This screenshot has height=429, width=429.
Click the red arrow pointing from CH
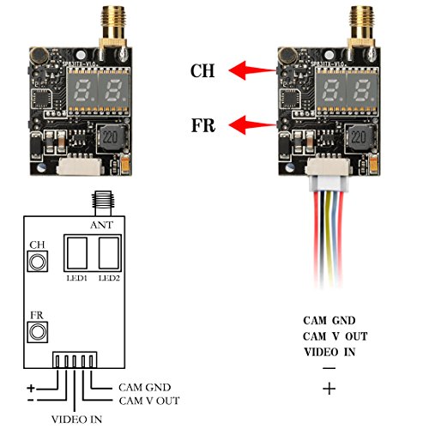pyautogui.click(x=248, y=70)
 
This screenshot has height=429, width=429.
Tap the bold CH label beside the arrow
pyautogui.click(x=202, y=72)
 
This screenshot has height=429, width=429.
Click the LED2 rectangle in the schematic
pyautogui.click(x=108, y=254)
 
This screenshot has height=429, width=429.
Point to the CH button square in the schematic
pyautogui.click(x=37, y=261)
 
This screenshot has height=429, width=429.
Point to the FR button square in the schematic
pyautogui.click(x=37, y=330)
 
